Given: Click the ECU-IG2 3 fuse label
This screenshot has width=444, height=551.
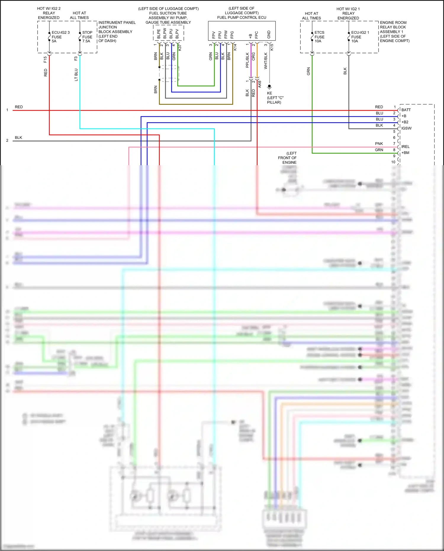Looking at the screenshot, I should click(60, 37).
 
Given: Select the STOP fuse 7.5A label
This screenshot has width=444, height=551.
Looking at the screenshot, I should click(87, 37).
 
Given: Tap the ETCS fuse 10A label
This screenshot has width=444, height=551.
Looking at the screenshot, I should click(319, 37).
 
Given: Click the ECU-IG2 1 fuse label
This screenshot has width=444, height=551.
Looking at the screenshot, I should click(360, 37).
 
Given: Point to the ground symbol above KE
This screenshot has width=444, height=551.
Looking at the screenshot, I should click(269, 87).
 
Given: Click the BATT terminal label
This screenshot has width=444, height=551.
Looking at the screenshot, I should click(406, 110).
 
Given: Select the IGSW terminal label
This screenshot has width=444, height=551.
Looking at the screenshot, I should click(406, 128).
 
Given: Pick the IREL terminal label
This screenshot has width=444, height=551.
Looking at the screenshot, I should click(405, 147).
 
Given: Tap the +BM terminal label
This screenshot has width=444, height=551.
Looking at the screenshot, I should click(405, 153).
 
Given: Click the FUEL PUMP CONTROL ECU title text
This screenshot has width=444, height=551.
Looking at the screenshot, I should click(242, 17).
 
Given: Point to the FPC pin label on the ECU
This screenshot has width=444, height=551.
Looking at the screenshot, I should click(256, 35).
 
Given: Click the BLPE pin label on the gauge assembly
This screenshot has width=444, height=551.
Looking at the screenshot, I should click(159, 34).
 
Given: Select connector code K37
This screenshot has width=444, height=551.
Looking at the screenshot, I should click(180, 47).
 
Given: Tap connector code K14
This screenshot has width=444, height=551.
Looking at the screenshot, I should click(235, 47).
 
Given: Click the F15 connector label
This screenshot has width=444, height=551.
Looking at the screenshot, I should click(45, 60).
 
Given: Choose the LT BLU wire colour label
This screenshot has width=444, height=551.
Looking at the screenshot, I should click(76, 75).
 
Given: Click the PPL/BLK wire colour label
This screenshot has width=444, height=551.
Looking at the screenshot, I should click(247, 60).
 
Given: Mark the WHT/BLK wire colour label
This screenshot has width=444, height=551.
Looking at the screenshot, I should click(266, 61).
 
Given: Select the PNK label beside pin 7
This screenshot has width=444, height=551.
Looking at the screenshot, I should click(379, 144).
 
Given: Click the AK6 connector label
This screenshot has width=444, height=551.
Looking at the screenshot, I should click(260, 84).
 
